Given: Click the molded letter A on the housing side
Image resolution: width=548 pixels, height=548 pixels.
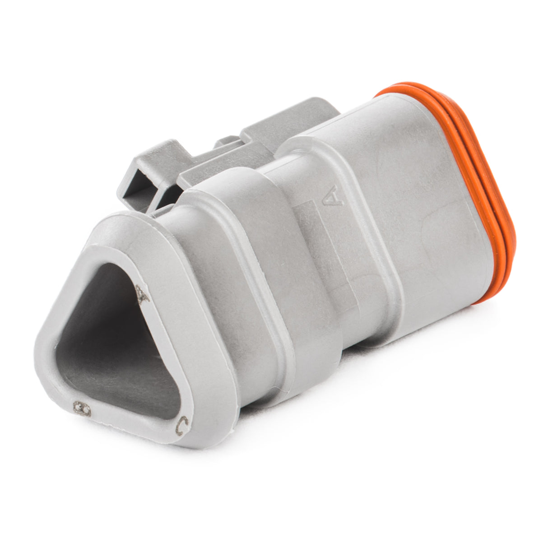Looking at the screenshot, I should click(333, 195).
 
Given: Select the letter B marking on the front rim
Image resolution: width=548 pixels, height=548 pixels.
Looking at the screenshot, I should click(83, 409).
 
